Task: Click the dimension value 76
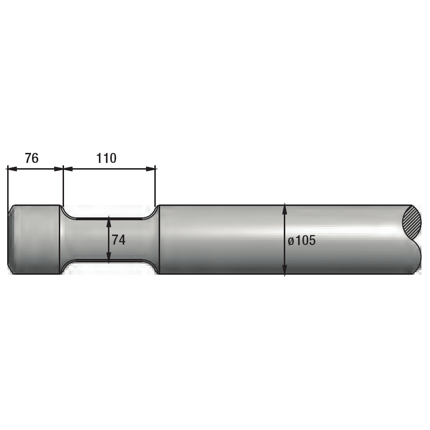[32, 158]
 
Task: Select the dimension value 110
[106, 158]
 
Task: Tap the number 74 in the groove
[118, 240]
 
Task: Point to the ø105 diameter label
[301, 240]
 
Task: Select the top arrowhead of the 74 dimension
[109, 221]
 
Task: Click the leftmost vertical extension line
[8, 186]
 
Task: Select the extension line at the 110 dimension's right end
[156, 186]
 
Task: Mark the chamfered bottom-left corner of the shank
[11, 271]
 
